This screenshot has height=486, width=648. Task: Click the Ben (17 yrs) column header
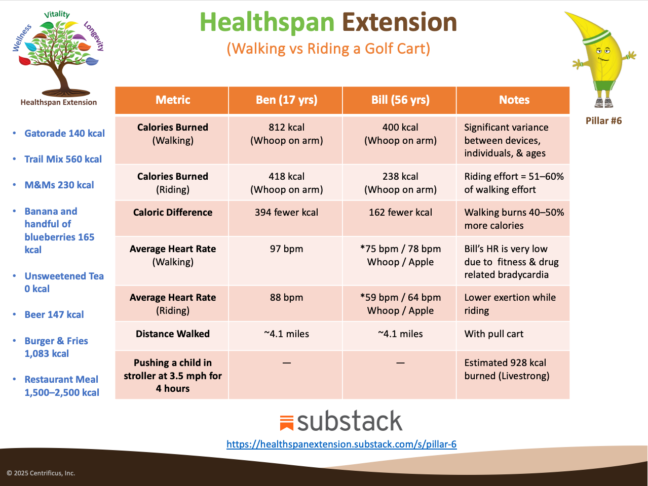[286, 100]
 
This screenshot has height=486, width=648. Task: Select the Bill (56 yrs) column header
[400, 100]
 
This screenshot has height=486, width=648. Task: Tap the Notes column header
[514, 100]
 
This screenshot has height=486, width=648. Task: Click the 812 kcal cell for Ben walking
[286, 134]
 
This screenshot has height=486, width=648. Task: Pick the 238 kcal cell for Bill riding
[400, 183]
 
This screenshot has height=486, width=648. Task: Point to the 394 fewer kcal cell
[286, 213]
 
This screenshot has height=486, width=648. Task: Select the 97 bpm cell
[286, 249]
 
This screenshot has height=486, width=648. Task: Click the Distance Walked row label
[172, 334]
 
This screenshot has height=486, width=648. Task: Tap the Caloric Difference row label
[172, 213]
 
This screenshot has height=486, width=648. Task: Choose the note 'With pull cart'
[494, 334]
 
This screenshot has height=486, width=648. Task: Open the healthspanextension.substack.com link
[341, 444]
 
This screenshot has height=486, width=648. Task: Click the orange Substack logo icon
[287, 423]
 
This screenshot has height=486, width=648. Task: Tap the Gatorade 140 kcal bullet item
[64, 134]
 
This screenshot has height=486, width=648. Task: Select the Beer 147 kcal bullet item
[54, 315]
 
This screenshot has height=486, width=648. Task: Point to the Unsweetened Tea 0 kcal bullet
[64, 282]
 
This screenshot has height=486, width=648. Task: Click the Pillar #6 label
[603, 121]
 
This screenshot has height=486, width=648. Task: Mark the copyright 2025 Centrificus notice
[41, 473]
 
